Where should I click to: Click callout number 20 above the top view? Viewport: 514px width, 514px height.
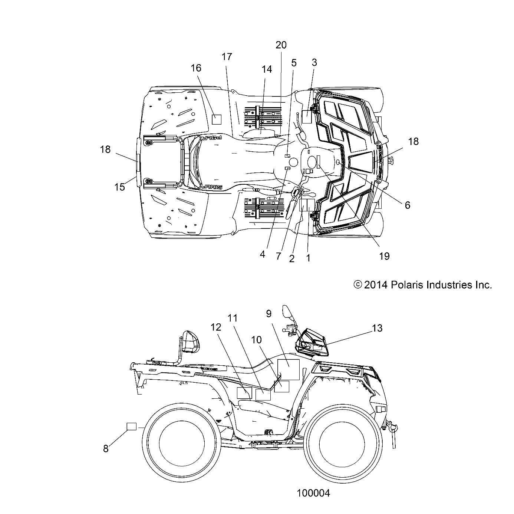281,45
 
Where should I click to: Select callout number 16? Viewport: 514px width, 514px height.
196,68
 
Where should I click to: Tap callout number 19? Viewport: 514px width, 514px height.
385,256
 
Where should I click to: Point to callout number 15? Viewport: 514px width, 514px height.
120,187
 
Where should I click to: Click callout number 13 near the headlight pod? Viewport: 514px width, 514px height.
377,328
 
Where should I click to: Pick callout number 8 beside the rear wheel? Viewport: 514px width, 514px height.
106,448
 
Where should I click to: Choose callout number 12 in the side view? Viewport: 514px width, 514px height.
216,327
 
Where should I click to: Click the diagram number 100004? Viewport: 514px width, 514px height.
313,493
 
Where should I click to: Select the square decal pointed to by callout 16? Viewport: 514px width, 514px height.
216,119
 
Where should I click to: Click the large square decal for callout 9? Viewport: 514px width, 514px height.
289,369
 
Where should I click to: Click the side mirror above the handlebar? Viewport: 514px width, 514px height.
288,311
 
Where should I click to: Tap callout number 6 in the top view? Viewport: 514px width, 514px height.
407,205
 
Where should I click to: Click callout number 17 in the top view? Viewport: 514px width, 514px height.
227,57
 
